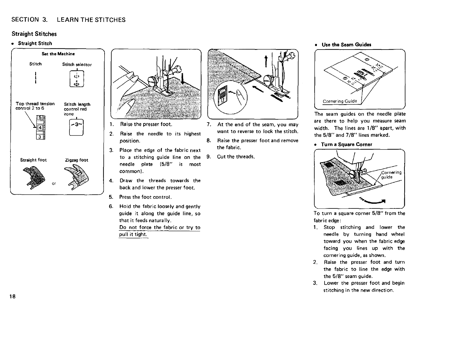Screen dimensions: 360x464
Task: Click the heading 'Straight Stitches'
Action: point(34,34)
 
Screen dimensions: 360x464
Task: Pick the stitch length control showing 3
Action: point(77,128)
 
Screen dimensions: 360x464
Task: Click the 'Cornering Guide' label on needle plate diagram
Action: point(340,101)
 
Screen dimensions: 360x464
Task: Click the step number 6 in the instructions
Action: point(111,206)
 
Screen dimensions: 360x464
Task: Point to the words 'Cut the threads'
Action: point(236,157)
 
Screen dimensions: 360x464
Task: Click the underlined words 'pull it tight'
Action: point(133,235)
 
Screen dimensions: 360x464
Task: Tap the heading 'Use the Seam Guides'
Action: point(346,45)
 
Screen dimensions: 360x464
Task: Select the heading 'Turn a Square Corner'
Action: point(347,145)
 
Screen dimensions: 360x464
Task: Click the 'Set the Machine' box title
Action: point(58,54)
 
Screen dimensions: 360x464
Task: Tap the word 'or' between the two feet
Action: point(54,184)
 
